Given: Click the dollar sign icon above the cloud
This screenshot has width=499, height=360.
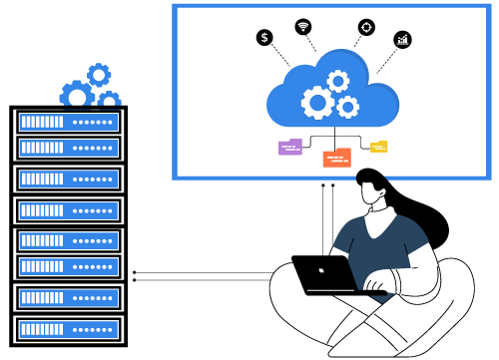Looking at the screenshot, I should pos(264,37).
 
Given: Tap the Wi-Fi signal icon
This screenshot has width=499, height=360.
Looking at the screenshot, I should pos(303,26).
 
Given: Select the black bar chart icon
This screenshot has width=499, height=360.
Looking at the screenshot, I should pos(402,39).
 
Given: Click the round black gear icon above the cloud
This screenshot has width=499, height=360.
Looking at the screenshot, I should pos(366,27).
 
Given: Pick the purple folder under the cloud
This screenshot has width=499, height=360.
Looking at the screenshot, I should pos(290,147).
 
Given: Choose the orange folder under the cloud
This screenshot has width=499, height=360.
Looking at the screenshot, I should pos(336,158).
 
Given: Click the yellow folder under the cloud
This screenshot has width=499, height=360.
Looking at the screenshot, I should pos(378,147).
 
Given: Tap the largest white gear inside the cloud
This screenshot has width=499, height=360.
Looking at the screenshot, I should pos(317,102).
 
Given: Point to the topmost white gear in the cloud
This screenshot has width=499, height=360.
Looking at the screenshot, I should pos(338,81).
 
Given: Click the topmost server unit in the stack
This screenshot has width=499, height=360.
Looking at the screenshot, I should pos(68,122).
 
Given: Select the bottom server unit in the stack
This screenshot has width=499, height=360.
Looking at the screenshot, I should pos(68,329).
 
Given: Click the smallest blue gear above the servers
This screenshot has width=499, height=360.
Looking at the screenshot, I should pos(109,99).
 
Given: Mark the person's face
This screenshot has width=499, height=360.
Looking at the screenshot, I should pos(375,195).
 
